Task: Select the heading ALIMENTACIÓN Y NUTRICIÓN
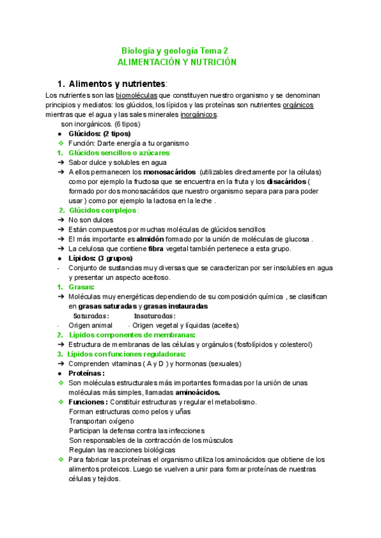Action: tap(177, 62)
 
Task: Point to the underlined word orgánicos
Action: tap(298, 105)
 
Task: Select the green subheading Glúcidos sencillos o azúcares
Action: tap(119, 153)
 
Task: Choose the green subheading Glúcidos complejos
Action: tap(104, 210)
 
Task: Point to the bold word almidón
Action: tap(146, 239)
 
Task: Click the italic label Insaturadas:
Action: tap(155, 315)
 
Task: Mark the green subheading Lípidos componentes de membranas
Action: tap(131, 335)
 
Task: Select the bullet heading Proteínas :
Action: tap(86, 373)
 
